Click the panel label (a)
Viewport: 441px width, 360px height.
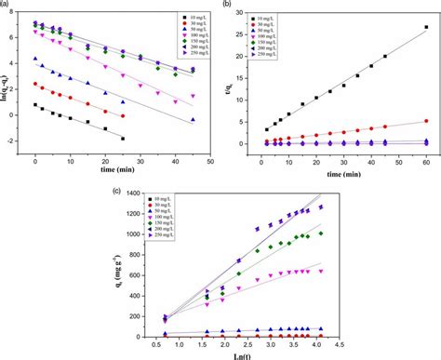click(x=6, y=6)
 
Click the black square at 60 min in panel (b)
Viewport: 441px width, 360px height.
click(x=426, y=27)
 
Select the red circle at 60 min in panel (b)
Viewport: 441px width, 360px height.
click(x=426, y=121)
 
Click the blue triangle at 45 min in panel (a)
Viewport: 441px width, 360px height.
click(x=193, y=120)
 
